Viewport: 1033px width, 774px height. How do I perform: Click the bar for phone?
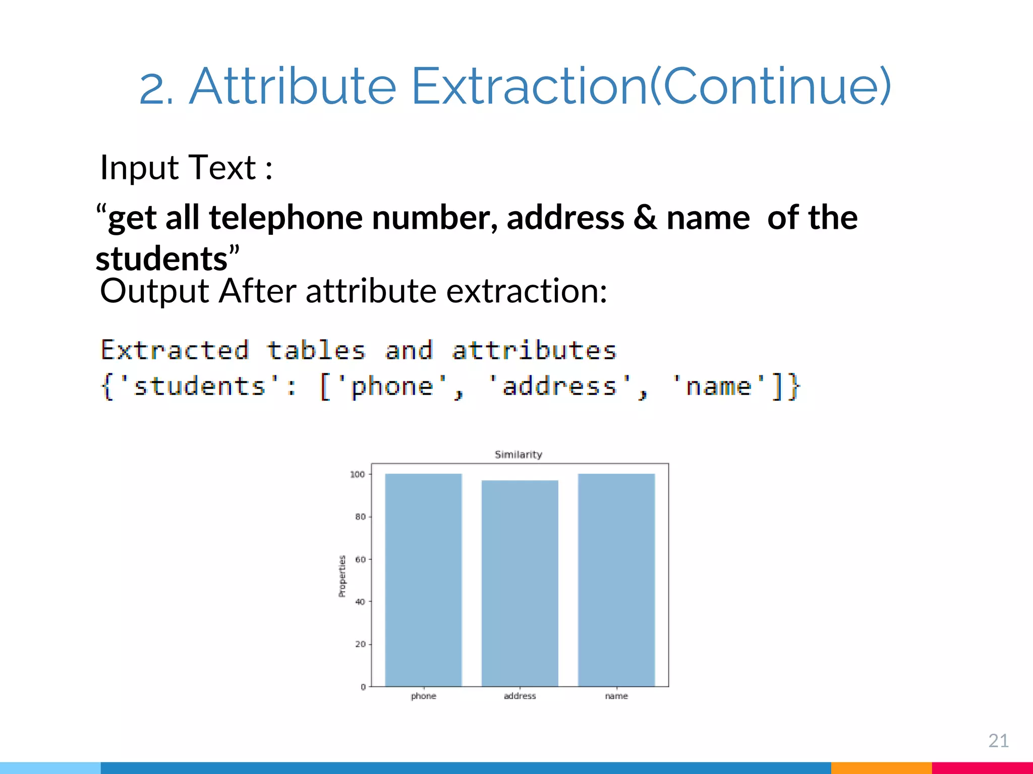coord(423,579)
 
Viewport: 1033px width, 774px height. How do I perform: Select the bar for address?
coord(520,583)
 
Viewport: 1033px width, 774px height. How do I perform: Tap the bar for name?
coord(616,579)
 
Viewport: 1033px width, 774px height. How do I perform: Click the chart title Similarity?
coord(518,455)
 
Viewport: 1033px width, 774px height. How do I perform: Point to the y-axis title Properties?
coord(342,576)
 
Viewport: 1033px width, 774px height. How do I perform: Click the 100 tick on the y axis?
coord(357,474)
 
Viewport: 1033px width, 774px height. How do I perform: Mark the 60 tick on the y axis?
coord(360,559)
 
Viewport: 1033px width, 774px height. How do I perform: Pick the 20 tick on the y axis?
coord(360,644)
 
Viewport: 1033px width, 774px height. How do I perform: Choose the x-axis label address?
coord(520,696)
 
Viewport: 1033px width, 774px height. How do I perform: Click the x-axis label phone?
coord(423,696)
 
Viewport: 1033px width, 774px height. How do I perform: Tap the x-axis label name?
coord(616,696)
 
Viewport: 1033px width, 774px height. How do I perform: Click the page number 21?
coord(998,741)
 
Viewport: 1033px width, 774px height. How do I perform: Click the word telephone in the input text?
coord(285,218)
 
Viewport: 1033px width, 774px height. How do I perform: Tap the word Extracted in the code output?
coord(175,350)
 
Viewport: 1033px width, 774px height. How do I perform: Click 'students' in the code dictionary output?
coord(199,386)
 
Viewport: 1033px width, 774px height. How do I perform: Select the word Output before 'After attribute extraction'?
coord(154,291)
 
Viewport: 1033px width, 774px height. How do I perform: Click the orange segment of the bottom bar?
coord(881,768)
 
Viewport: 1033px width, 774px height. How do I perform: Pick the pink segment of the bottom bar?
coord(982,768)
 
